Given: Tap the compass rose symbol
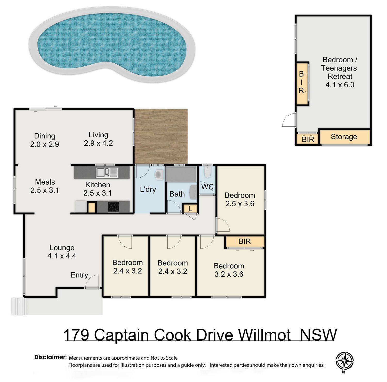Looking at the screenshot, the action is coord(344,361).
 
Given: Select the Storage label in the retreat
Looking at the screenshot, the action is coord(344,137).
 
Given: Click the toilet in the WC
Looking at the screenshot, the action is coord(207,172).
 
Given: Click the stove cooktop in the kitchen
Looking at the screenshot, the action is coord(113,207).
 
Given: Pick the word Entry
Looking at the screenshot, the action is coord(79,275).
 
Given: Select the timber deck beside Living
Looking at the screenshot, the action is coord(161,136).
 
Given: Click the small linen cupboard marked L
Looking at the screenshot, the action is coord(190,209).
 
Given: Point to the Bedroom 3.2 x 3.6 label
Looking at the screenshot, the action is coord(229,270).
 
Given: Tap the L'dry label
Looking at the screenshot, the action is coord(148,189).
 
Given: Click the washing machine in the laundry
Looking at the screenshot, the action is coord(159,175).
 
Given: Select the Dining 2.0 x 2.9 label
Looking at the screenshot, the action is coord(45,140).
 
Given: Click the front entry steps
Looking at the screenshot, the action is coord(19,306).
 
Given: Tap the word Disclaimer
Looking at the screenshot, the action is coord(51,357).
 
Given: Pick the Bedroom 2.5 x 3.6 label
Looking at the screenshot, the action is coord(240,199).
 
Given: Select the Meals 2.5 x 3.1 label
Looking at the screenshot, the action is coord(45,186).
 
